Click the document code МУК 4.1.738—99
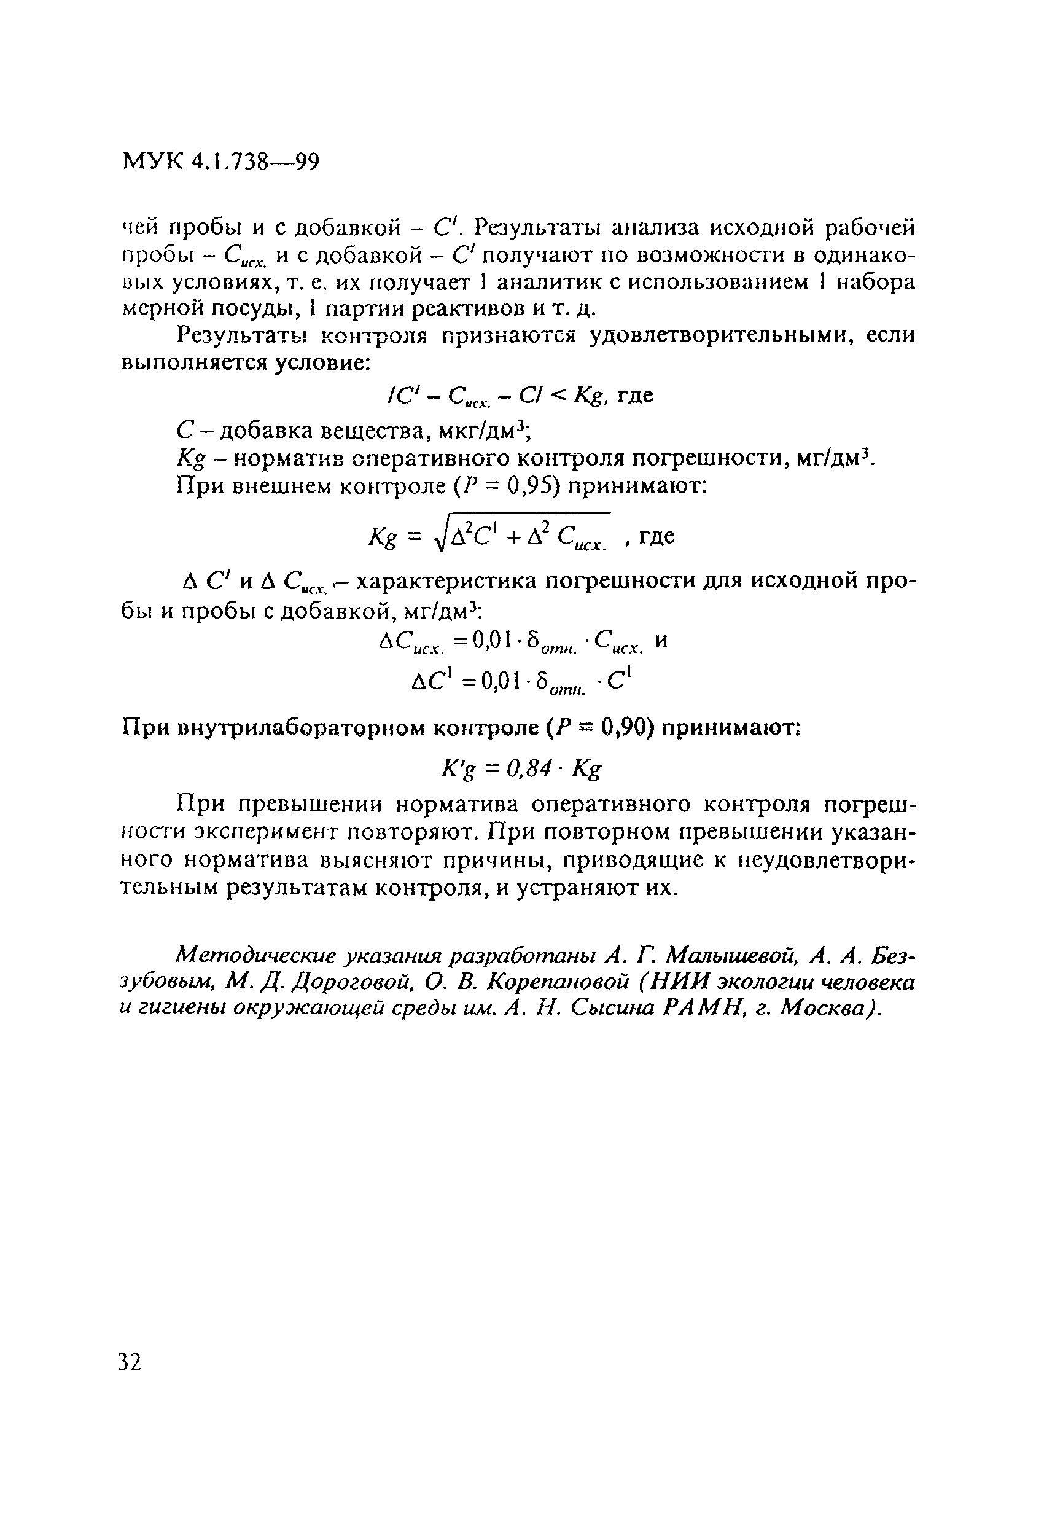click(x=221, y=161)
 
